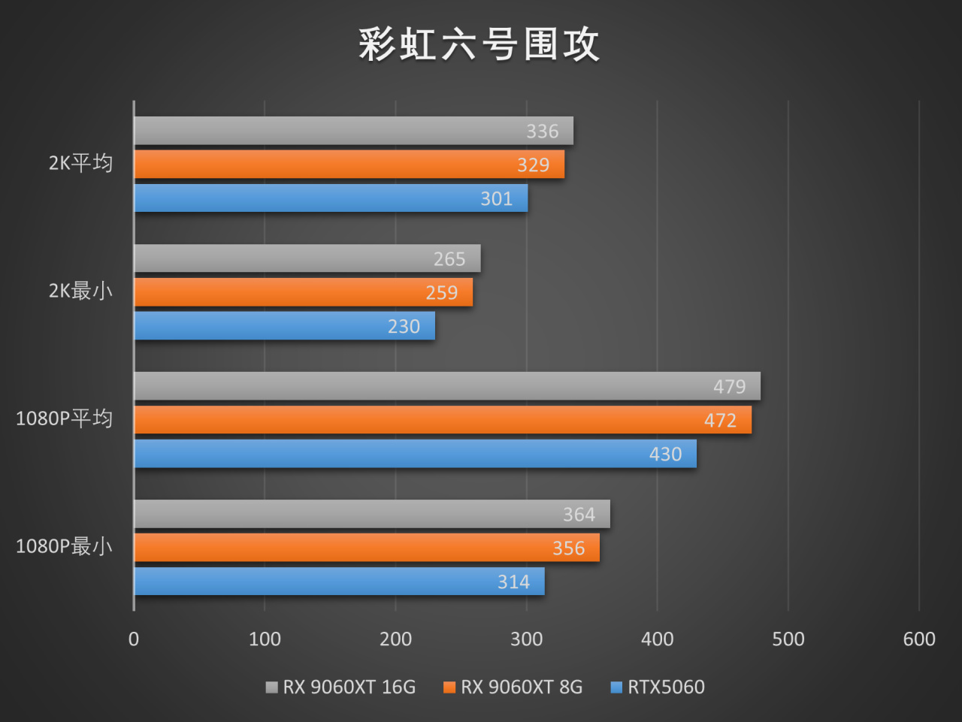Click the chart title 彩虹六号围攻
(x=479, y=44)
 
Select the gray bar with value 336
(x=353, y=131)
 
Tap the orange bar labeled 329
(x=349, y=165)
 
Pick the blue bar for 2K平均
(x=331, y=198)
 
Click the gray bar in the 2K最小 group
(x=307, y=258)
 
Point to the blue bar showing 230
(x=284, y=326)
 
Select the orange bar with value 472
(x=443, y=420)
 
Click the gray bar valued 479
(x=447, y=386)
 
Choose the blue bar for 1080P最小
(x=339, y=582)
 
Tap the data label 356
(x=568, y=548)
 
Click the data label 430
(x=665, y=455)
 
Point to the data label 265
(x=449, y=259)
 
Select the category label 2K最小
(x=80, y=291)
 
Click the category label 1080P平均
(x=64, y=418)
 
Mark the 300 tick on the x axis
(x=526, y=639)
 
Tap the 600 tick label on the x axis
(x=919, y=639)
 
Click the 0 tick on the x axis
(x=134, y=639)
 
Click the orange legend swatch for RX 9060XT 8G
(x=449, y=687)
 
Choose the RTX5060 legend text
(x=666, y=687)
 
